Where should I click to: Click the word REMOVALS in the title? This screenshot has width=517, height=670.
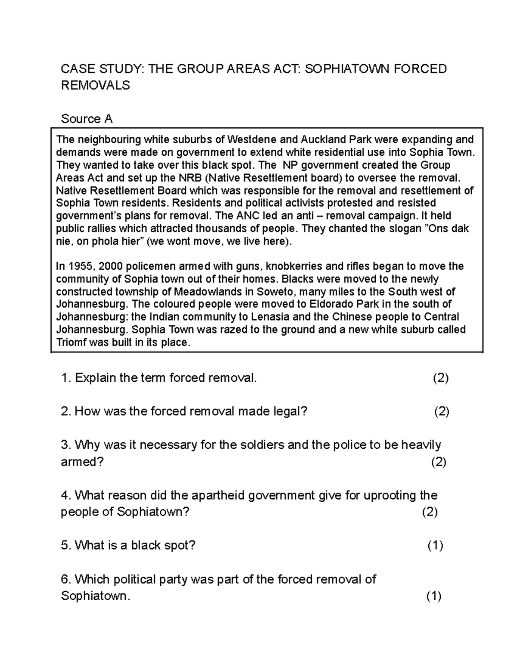click(x=95, y=85)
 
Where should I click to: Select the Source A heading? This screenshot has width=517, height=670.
click(x=87, y=119)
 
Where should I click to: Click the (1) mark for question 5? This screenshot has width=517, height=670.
click(x=435, y=546)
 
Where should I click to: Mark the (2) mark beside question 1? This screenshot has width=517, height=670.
click(x=440, y=378)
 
